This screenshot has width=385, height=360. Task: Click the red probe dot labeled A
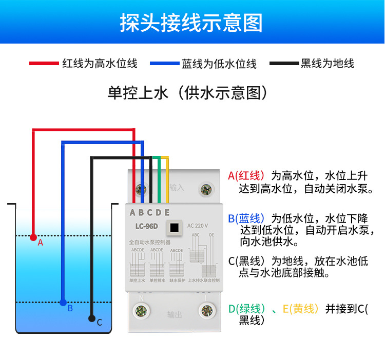pyautogui.click(x=33, y=237)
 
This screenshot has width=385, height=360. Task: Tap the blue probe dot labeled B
pyautogui.click(x=63, y=303)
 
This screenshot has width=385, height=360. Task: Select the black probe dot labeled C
pyautogui.click(x=92, y=318)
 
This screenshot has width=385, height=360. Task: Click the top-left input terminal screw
pyautogui.click(x=141, y=190)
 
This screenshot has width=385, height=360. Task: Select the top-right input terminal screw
pyautogui.click(x=207, y=190)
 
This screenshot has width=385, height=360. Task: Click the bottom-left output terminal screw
pyautogui.click(x=141, y=311)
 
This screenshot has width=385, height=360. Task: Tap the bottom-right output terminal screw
pyautogui.click(x=207, y=311)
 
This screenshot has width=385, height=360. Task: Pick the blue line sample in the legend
pyautogui.click(x=164, y=64)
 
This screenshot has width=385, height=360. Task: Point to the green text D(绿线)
pyautogui.click(x=247, y=309)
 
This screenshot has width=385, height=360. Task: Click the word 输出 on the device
pyautogui.click(x=175, y=315)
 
